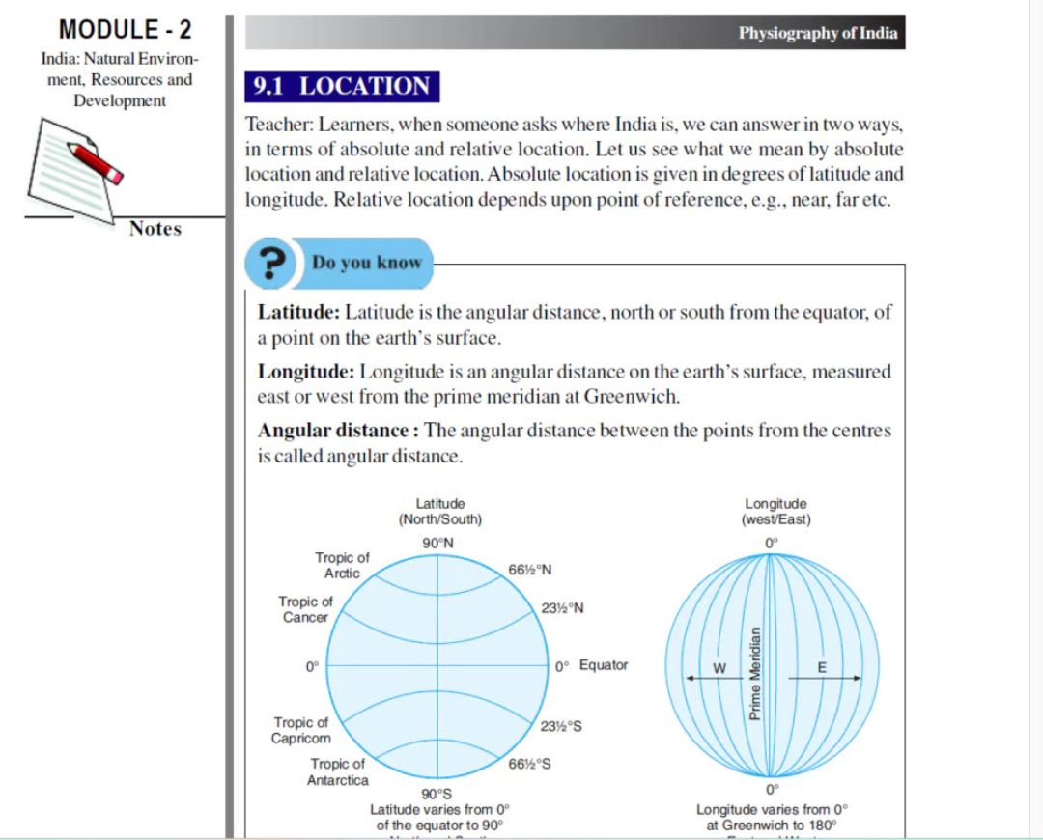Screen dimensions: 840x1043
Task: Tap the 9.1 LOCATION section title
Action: click(341, 86)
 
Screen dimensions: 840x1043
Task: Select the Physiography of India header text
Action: click(817, 33)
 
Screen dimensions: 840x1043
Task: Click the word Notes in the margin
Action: click(155, 229)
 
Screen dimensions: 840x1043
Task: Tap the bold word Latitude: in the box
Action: click(299, 313)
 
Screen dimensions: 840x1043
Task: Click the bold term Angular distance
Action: click(335, 431)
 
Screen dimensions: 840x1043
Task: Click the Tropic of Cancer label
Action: click(306, 609)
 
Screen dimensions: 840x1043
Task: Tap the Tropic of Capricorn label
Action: click(300, 730)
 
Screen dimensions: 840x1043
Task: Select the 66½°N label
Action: click(530, 570)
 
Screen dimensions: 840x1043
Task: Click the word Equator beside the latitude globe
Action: click(604, 665)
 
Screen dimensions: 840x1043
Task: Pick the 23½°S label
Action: click(561, 726)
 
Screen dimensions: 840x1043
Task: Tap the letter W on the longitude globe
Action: click(719, 668)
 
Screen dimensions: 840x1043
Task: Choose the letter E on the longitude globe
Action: click(823, 668)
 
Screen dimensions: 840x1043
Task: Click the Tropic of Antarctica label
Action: click(337, 771)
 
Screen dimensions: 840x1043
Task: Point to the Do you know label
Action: click(367, 263)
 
